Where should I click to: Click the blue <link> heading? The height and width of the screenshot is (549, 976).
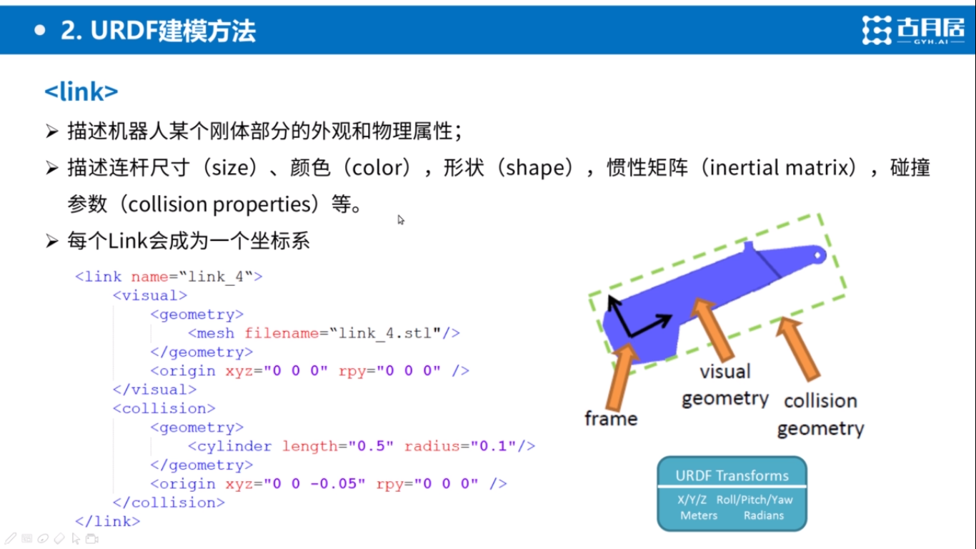pyautogui.click(x=81, y=91)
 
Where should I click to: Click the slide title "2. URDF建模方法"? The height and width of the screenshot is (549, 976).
pyautogui.click(x=158, y=31)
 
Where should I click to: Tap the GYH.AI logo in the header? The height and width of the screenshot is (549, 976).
pyautogui.click(x=912, y=31)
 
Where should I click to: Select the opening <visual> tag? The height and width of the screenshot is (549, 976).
pyautogui.click(x=150, y=295)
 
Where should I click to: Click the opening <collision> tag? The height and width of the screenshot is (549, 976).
pyautogui.click(x=164, y=408)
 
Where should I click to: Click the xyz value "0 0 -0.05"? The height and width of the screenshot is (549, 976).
pyautogui.click(x=314, y=484)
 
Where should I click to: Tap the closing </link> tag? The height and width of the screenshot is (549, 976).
pyautogui.click(x=108, y=521)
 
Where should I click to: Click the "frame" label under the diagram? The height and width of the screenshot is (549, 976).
pyautogui.click(x=610, y=419)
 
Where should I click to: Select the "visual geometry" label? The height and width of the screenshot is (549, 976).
pyautogui.click(x=724, y=385)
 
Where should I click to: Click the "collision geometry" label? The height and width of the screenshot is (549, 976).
pyautogui.click(x=820, y=415)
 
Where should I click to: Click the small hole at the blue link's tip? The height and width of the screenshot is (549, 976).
pyautogui.click(x=819, y=254)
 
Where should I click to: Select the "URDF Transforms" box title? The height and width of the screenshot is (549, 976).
pyautogui.click(x=732, y=476)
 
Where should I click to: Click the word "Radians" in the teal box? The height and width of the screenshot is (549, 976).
pyautogui.click(x=763, y=515)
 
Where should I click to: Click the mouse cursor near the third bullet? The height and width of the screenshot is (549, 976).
pyautogui.click(x=401, y=219)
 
